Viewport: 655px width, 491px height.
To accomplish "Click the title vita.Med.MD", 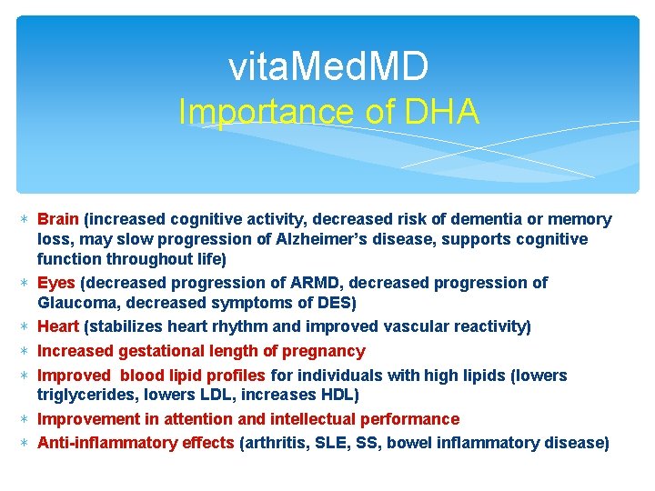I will tap(327, 66).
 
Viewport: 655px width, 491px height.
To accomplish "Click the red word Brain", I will tap(58, 219).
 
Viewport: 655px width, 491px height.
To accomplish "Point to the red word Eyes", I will tap(56, 283).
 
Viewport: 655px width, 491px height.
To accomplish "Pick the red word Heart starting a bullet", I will tap(58, 326).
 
